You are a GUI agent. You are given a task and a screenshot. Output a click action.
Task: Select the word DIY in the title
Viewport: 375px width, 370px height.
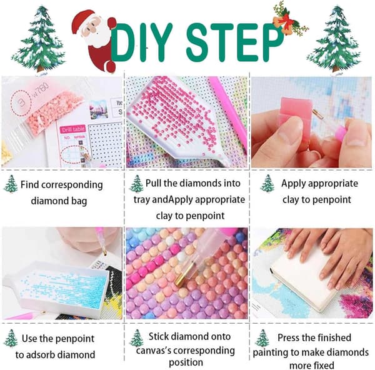pos(142,42)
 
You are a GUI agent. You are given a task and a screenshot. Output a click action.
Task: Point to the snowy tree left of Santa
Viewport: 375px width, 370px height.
pos(39,39)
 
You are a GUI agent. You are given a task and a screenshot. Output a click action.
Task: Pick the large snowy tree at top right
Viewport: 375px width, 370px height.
pos(334,39)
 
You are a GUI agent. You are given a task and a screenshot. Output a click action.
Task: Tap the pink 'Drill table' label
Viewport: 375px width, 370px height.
pos(73,129)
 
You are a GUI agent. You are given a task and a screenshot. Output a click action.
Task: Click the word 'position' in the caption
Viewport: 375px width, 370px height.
pos(186,362)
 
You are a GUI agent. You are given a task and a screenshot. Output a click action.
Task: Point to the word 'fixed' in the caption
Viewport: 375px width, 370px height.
pos(323,366)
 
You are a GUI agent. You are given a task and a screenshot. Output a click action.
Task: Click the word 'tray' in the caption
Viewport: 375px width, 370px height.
pos(142,200)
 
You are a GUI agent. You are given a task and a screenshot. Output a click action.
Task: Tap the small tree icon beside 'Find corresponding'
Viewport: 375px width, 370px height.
pos(11,184)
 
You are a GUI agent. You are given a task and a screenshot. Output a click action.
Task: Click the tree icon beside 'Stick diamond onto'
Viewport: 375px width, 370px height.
pos(136,338)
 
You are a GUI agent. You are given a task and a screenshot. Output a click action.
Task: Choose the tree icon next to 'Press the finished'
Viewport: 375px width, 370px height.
pos(262,338)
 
